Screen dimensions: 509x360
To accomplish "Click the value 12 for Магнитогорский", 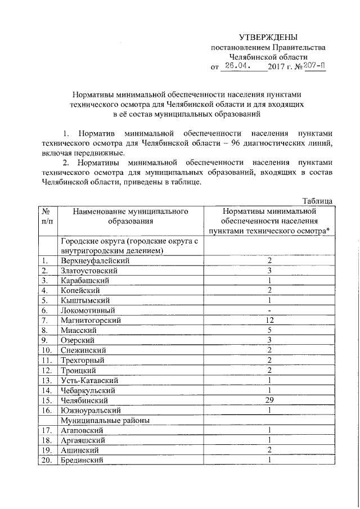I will pyautogui.click(x=269, y=320).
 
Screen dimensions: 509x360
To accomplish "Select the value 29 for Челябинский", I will pyautogui.click(x=269, y=400).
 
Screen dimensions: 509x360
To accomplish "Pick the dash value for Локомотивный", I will pyautogui.click(x=269, y=310).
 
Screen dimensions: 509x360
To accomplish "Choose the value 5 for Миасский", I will pyautogui.click(x=269, y=330).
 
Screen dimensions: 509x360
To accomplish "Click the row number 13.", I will pyautogui.click(x=46, y=380).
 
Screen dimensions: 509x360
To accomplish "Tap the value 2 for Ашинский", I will pyautogui.click(x=269, y=450).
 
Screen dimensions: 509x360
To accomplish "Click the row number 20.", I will pyautogui.click(x=46, y=460).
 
